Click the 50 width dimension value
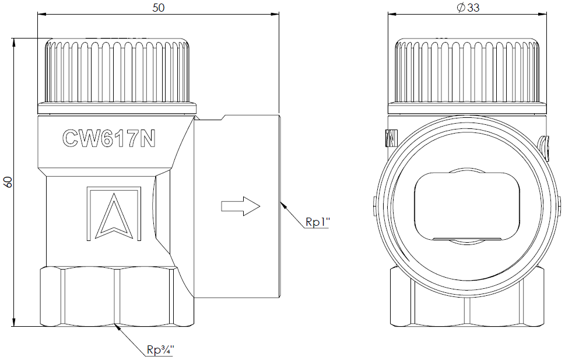pyautogui.click(x=159, y=8)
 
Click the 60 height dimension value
pyautogui.click(x=8, y=182)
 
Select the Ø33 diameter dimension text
pyautogui.click(x=468, y=8)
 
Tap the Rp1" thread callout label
pyautogui.click(x=318, y=222)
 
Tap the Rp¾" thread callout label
pyautogui.click(x=160, y=349)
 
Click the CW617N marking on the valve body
pyautogui.click(x=109, y=138)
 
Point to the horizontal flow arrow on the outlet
pyautogui.click(x=240, y=207)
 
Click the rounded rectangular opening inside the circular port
pyautogui.click(x=467, y=207)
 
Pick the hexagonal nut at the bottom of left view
pyautogui.click(x=117, y=296)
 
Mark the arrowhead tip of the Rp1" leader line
pyautogui.click(x=280, y=202)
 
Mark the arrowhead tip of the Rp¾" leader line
pyautogui.click(x=115, y=323)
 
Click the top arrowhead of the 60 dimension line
pyautogui.click(x=14, y=39)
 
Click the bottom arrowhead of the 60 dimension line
pyautogui.click(x=14, y=326)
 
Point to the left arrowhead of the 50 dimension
pyautogui.click(x=38, y=15)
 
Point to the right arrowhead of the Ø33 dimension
pyautogui.click(x=546, y=15)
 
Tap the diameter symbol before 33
pyautogui.click(x=461, y=8)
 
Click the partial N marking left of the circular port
pyautogui.click(x=391, y=138)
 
